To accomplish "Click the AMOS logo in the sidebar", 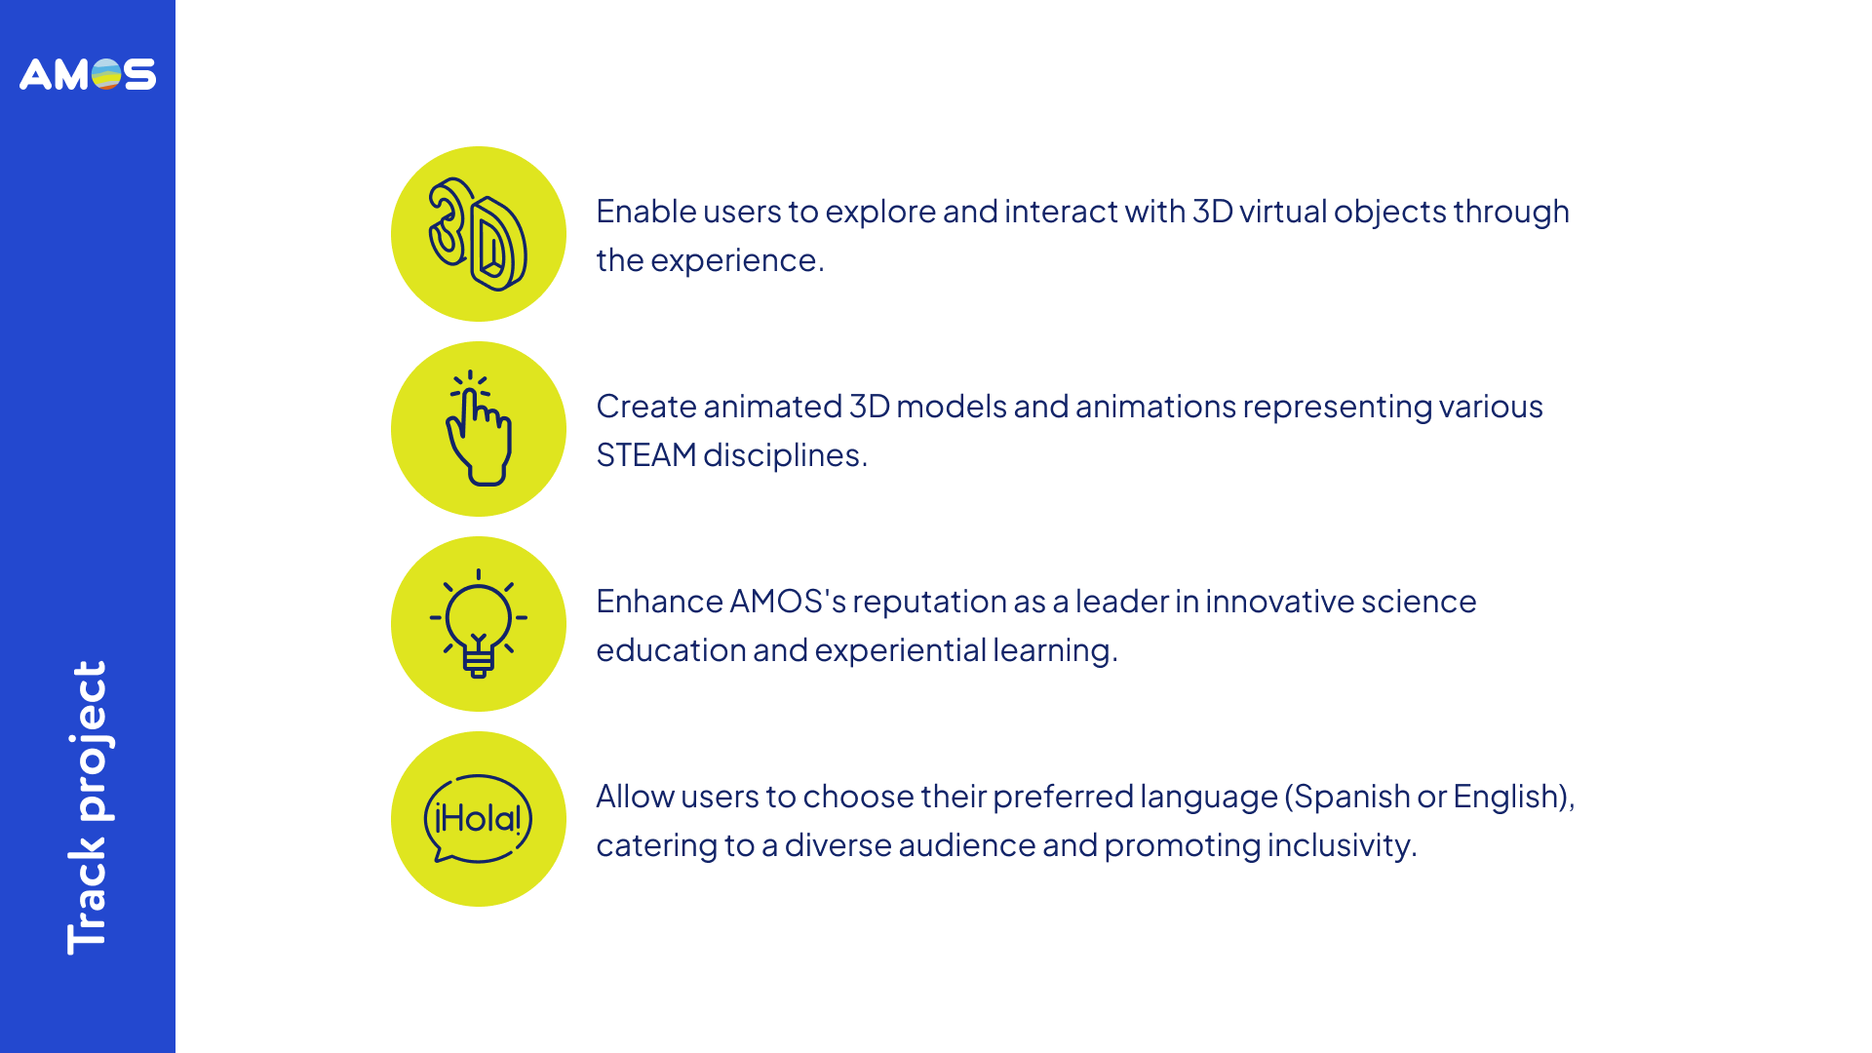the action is (x=88, y=74).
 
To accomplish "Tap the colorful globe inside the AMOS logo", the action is (x=106, y=74).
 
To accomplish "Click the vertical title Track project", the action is (x=88, y=807).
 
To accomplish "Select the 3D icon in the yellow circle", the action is (x=478, y=234).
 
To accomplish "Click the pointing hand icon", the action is (x=478, y=428).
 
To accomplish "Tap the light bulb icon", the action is (x=479, y=623).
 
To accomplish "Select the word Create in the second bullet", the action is (x=646, y=407).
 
